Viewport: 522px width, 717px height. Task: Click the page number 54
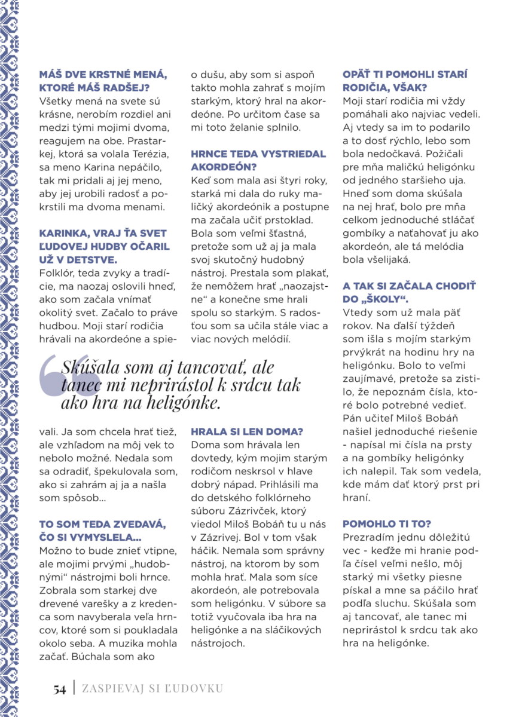tap(59, 689)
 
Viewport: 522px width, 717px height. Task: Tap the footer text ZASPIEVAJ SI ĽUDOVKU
tap(152, 688)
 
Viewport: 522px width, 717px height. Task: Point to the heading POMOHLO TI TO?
tap(386, 523)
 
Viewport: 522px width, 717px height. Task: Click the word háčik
tap(207, 550)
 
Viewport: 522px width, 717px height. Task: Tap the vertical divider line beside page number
tap(74, 688)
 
